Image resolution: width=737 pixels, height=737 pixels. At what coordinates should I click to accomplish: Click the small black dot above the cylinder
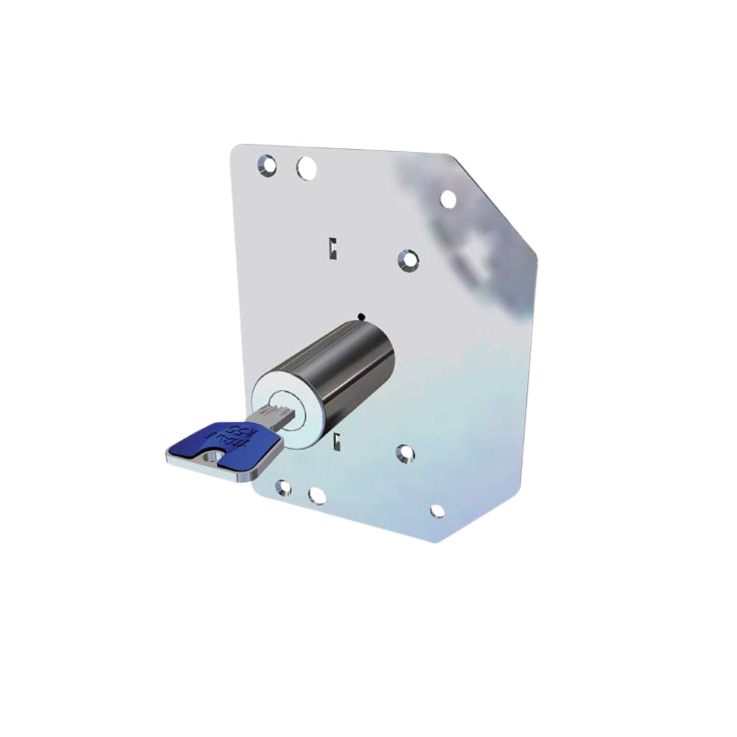click(x=361, y=317)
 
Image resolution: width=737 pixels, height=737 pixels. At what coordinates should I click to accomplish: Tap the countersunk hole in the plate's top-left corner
click(x=267, y=165)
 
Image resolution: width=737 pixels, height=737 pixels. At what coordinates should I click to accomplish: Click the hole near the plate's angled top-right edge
click(x=448, y=199)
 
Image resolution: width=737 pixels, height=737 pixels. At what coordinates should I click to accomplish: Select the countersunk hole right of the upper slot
click(x=407, y=260)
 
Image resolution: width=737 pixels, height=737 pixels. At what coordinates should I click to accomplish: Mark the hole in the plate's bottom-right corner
click(x=437, y=511)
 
